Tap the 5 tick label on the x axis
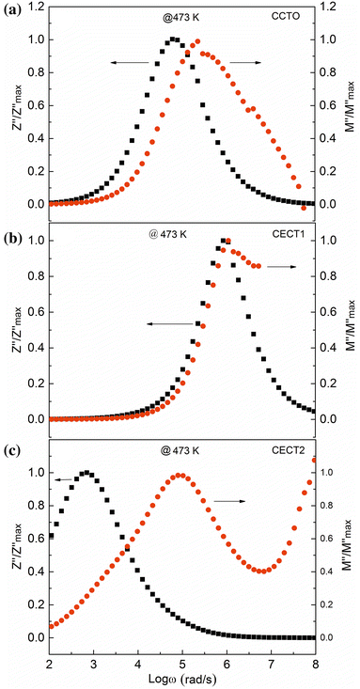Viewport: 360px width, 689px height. point(182,664)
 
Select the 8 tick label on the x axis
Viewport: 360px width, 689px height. point(315,664)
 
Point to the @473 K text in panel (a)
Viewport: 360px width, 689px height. point(180,19)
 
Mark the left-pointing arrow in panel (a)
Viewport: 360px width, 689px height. point(130,63)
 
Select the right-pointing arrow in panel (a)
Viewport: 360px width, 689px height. point(246,63)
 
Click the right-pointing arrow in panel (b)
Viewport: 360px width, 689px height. point(282,267)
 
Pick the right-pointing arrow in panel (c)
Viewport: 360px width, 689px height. point(229,501)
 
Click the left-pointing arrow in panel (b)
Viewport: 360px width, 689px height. point(170,324)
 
